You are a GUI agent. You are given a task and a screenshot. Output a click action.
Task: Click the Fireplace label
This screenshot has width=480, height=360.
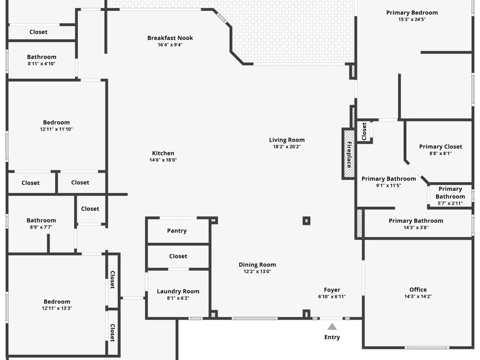click(x=349, y=155)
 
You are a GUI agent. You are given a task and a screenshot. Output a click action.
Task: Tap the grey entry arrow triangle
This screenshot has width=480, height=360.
click(x=332, y=326)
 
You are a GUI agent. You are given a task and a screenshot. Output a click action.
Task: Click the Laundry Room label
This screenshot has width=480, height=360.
click(x=178, y=291)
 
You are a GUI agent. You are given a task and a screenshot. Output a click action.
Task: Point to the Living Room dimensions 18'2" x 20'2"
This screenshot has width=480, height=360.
click(x=287, y=146)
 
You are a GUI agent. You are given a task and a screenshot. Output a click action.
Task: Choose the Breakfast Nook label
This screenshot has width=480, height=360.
click(x=170, y=38)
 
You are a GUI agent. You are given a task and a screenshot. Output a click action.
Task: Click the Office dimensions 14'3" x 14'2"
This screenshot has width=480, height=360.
click(x=418, y=296)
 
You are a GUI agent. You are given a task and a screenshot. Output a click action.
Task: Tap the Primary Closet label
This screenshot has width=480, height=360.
click(x=441, y=146)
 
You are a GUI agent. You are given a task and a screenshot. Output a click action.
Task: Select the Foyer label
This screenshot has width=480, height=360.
click(x=332, y=289)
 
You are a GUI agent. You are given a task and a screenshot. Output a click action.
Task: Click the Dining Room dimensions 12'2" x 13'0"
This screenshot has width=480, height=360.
click(x=257, y=272)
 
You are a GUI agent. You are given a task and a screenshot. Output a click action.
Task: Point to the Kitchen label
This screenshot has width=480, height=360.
click(x=163, y=153)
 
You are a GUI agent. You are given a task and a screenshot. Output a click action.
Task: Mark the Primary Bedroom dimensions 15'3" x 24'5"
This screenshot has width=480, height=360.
click(x=412, y=19)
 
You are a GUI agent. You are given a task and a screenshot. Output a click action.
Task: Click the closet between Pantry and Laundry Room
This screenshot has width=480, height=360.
click(x=178, y=256)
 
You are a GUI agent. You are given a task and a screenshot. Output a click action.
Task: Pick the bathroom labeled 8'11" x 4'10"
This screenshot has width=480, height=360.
click(x=42, y=60)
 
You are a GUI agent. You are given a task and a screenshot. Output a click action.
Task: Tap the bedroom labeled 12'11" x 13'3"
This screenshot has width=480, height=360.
click(x=57, y=305)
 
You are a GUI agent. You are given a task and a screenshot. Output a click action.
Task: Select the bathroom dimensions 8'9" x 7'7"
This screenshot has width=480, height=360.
click(x=41, y=227)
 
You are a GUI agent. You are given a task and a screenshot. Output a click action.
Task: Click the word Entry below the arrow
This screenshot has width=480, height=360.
click(x=332, y=337)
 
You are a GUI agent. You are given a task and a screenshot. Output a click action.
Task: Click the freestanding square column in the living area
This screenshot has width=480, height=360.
click(x=306, y=221)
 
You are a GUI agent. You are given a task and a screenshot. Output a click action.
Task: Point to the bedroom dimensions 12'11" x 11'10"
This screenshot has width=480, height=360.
click(x=56, y=129)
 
